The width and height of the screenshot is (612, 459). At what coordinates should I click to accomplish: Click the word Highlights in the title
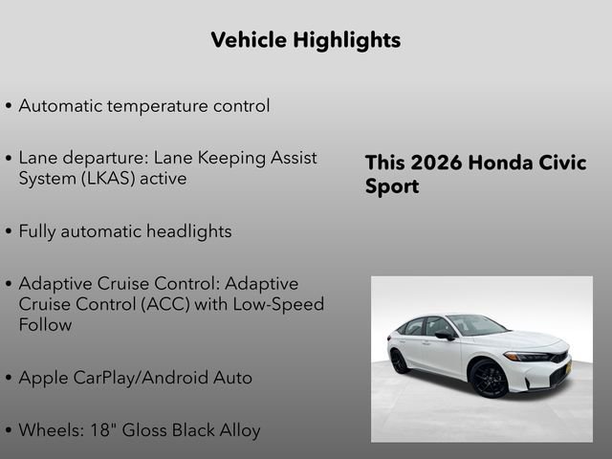tap(348, 40)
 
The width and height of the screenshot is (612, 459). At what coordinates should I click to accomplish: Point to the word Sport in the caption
tap(391, 186)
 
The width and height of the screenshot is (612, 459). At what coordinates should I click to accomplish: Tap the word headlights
tap(188, 231)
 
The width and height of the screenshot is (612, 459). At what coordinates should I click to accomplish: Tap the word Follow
tap(45, 325)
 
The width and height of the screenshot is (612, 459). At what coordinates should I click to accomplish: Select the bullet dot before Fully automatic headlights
tap(9, 232)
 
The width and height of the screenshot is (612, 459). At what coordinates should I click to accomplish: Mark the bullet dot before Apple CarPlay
tap(9, 379)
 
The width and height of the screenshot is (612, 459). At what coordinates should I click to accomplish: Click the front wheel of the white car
tap(489, 378)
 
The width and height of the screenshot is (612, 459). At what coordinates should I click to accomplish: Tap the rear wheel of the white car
tap(399, 361)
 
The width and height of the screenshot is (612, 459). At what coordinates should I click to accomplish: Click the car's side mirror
tap(446, 336)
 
